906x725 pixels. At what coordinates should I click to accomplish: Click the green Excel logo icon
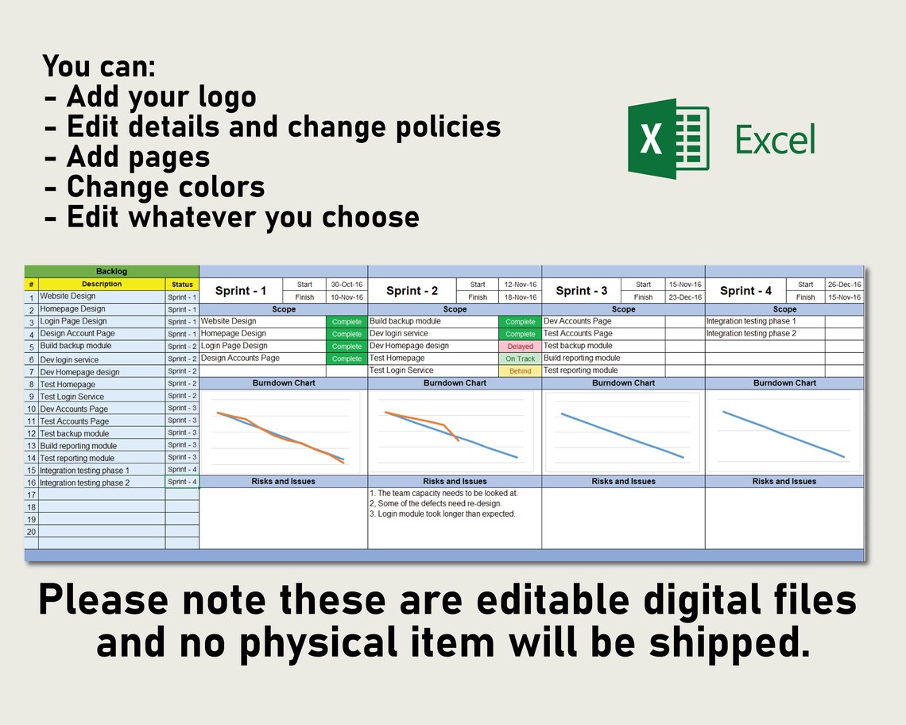click(668, 139)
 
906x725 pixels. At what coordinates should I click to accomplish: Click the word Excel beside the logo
click(775, 140)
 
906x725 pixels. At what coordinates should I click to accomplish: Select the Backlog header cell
click(111, 271)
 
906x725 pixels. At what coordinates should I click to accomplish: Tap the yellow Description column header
click(102, 284)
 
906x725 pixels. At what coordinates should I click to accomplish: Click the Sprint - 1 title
click(241, 291)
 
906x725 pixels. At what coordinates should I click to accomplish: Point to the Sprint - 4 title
click(745, 291)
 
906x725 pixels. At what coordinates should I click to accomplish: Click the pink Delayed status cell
click(520, 347)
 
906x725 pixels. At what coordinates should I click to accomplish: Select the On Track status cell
click(520, 359)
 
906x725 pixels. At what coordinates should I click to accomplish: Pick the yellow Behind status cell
click(520, 371)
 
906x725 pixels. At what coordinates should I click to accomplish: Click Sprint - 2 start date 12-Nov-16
click(520, 285)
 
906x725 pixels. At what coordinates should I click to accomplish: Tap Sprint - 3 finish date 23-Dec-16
click(685, 297)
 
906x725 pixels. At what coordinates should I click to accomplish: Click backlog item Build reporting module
click(79, 446)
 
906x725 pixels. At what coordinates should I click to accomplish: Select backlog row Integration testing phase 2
click(85, 483)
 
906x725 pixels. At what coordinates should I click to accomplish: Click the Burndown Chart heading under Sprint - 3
click(623, 383)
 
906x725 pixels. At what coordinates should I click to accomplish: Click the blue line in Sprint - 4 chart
click(783, 434)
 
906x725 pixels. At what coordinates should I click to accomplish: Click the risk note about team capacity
click(443, 493)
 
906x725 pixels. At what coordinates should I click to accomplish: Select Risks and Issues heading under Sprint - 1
click(283, 481)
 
